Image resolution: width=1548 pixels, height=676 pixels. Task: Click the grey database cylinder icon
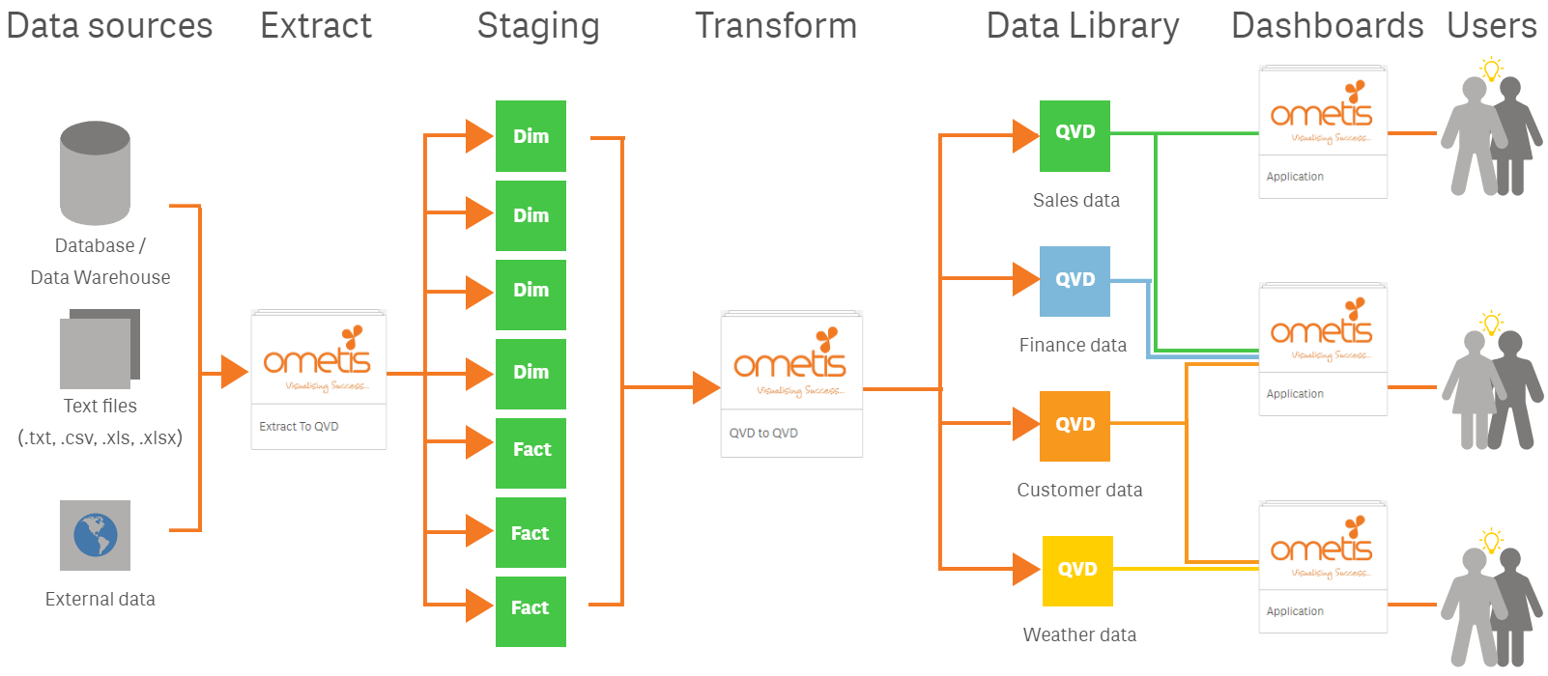[95, 174]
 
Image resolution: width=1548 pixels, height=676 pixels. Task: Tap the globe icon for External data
[95, 535]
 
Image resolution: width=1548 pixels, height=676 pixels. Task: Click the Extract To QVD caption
[299, 427]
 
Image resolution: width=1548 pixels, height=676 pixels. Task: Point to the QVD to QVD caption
[763, 434]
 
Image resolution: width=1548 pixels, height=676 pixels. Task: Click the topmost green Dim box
[530, 136]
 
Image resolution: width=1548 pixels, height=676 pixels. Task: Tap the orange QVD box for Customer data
[1075, 426]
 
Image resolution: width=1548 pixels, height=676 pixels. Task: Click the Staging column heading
[538, 26]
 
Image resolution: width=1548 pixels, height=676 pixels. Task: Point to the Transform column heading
[776, 26]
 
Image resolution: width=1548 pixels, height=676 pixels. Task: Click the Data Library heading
[1082, 26]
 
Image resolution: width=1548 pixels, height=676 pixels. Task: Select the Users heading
[1491, 26]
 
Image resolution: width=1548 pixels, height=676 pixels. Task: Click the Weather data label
[1079, 634]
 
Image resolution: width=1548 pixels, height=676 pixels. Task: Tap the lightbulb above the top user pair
[1491, 70]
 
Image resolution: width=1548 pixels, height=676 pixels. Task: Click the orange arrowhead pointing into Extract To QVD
[233, 372]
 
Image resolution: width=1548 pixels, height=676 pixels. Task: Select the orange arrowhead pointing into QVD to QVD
[705, 388]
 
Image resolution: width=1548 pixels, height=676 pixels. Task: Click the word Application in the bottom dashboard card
[1295, 611]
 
